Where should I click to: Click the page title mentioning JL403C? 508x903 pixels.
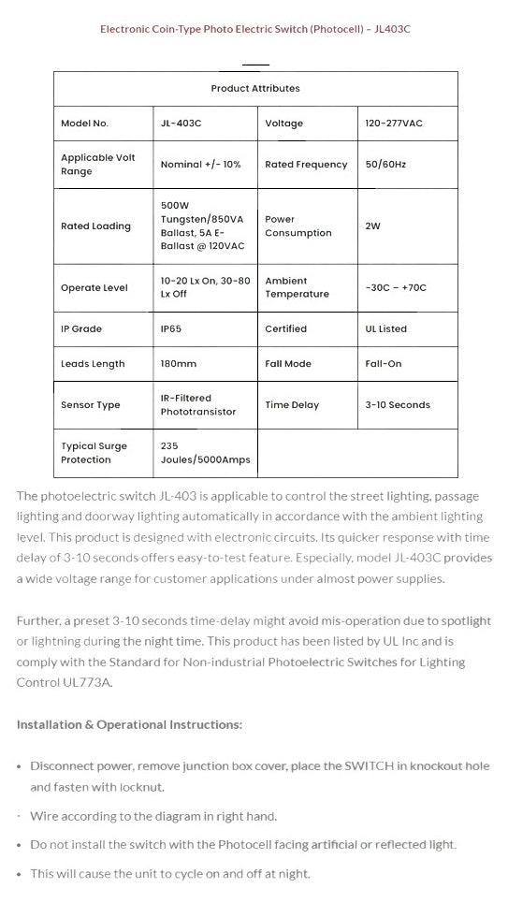coord(255,29)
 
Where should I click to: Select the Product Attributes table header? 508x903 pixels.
coord(255,89)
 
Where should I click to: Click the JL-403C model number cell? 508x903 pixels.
coord(180,124)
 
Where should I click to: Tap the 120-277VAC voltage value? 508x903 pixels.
coord(394,124)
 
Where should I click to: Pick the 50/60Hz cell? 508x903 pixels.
coord(385,165)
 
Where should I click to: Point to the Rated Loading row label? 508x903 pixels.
coord(95,226)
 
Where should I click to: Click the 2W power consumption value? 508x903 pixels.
coord(373,226)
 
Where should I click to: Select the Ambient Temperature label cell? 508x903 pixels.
coord(298,287)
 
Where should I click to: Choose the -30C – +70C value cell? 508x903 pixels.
coord(396,288)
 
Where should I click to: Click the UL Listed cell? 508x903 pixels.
coord(386,329)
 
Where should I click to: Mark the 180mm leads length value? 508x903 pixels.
coord(177,364)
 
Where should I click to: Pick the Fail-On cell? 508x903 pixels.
coord(384,364)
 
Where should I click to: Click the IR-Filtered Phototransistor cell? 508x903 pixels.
coord(198,405)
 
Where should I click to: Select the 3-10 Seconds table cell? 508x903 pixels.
coord(398,405)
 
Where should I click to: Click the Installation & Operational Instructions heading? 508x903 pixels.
coord(129,724)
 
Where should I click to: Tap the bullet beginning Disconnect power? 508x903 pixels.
coord(259,777)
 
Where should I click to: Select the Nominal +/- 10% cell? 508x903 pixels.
coord(200,165)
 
